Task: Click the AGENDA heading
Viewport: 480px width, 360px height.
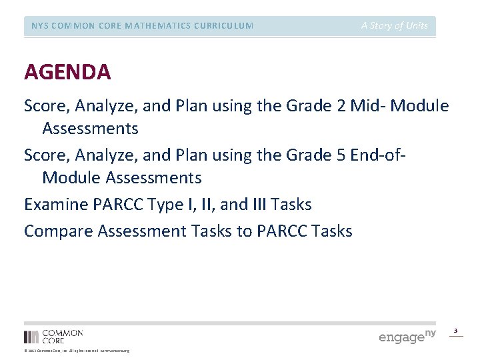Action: (x=67, y=71)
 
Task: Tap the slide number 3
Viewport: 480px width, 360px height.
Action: (x=456, y=330)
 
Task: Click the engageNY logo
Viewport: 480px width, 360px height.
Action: (x=407, y=336)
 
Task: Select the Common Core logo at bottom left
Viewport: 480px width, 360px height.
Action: (x=53, y=336)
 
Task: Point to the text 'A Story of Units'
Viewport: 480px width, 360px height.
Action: (x=395, y=26)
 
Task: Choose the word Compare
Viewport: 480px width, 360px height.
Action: (x=58, y=231)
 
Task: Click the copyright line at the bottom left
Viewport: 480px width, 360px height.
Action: (x=77, y=351)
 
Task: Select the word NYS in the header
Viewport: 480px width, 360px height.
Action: (x=41, y=26)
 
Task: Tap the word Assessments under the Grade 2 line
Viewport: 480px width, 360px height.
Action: (x=90, y=128)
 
